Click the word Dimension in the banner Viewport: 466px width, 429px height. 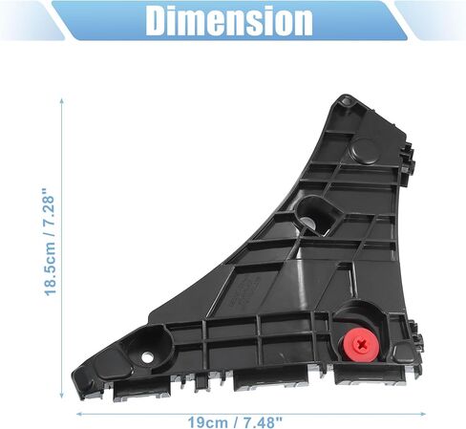coord(229,21)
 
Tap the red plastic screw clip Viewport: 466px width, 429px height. coord(361,345)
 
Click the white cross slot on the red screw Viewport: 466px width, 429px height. coord(362,344)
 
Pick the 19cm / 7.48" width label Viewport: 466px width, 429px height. coord(235,422)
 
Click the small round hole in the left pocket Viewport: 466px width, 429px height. coord(147,357)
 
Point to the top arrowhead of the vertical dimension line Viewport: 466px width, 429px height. coord(62,101)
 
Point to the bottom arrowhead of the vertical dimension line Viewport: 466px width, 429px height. coord(62,395)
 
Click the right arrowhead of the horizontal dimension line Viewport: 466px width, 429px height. coord(423,414)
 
